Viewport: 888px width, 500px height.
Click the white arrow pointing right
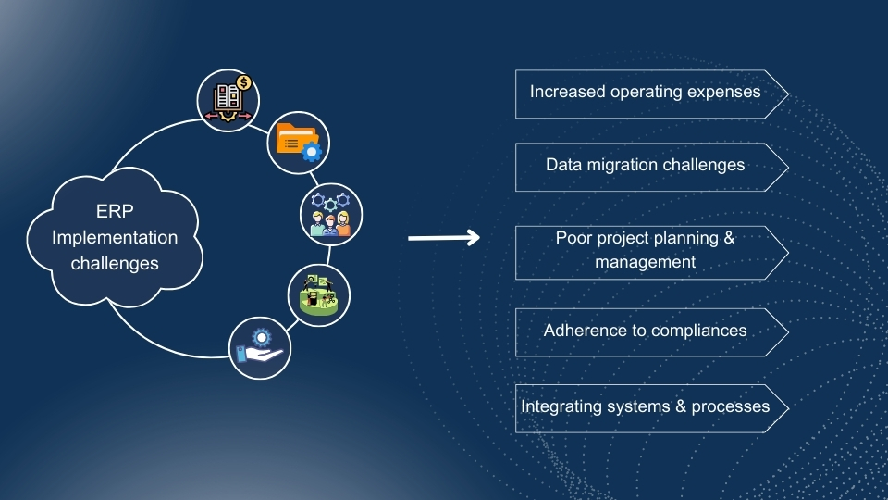click(444, 238)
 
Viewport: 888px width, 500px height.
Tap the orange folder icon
click(299, 143)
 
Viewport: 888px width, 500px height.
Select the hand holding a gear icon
click(260, 347)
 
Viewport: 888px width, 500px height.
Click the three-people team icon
click(331, 215)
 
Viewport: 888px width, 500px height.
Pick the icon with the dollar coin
click(228, 100)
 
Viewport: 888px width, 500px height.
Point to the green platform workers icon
click(319, 295)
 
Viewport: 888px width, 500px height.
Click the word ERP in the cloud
click(115, 211)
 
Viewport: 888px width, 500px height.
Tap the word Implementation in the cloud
click(115, 238)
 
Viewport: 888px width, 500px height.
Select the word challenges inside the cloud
click(115, 264)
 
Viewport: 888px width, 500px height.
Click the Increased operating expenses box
click(652, 94)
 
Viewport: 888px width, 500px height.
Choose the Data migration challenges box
click(652, 168)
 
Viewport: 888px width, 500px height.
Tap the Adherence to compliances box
click(652, 332)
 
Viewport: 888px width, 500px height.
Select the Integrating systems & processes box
click(652, 408)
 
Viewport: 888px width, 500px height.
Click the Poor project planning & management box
click(652, 253)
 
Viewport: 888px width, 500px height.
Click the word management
click(645, 262)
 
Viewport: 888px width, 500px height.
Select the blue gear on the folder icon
click(312, 152)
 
